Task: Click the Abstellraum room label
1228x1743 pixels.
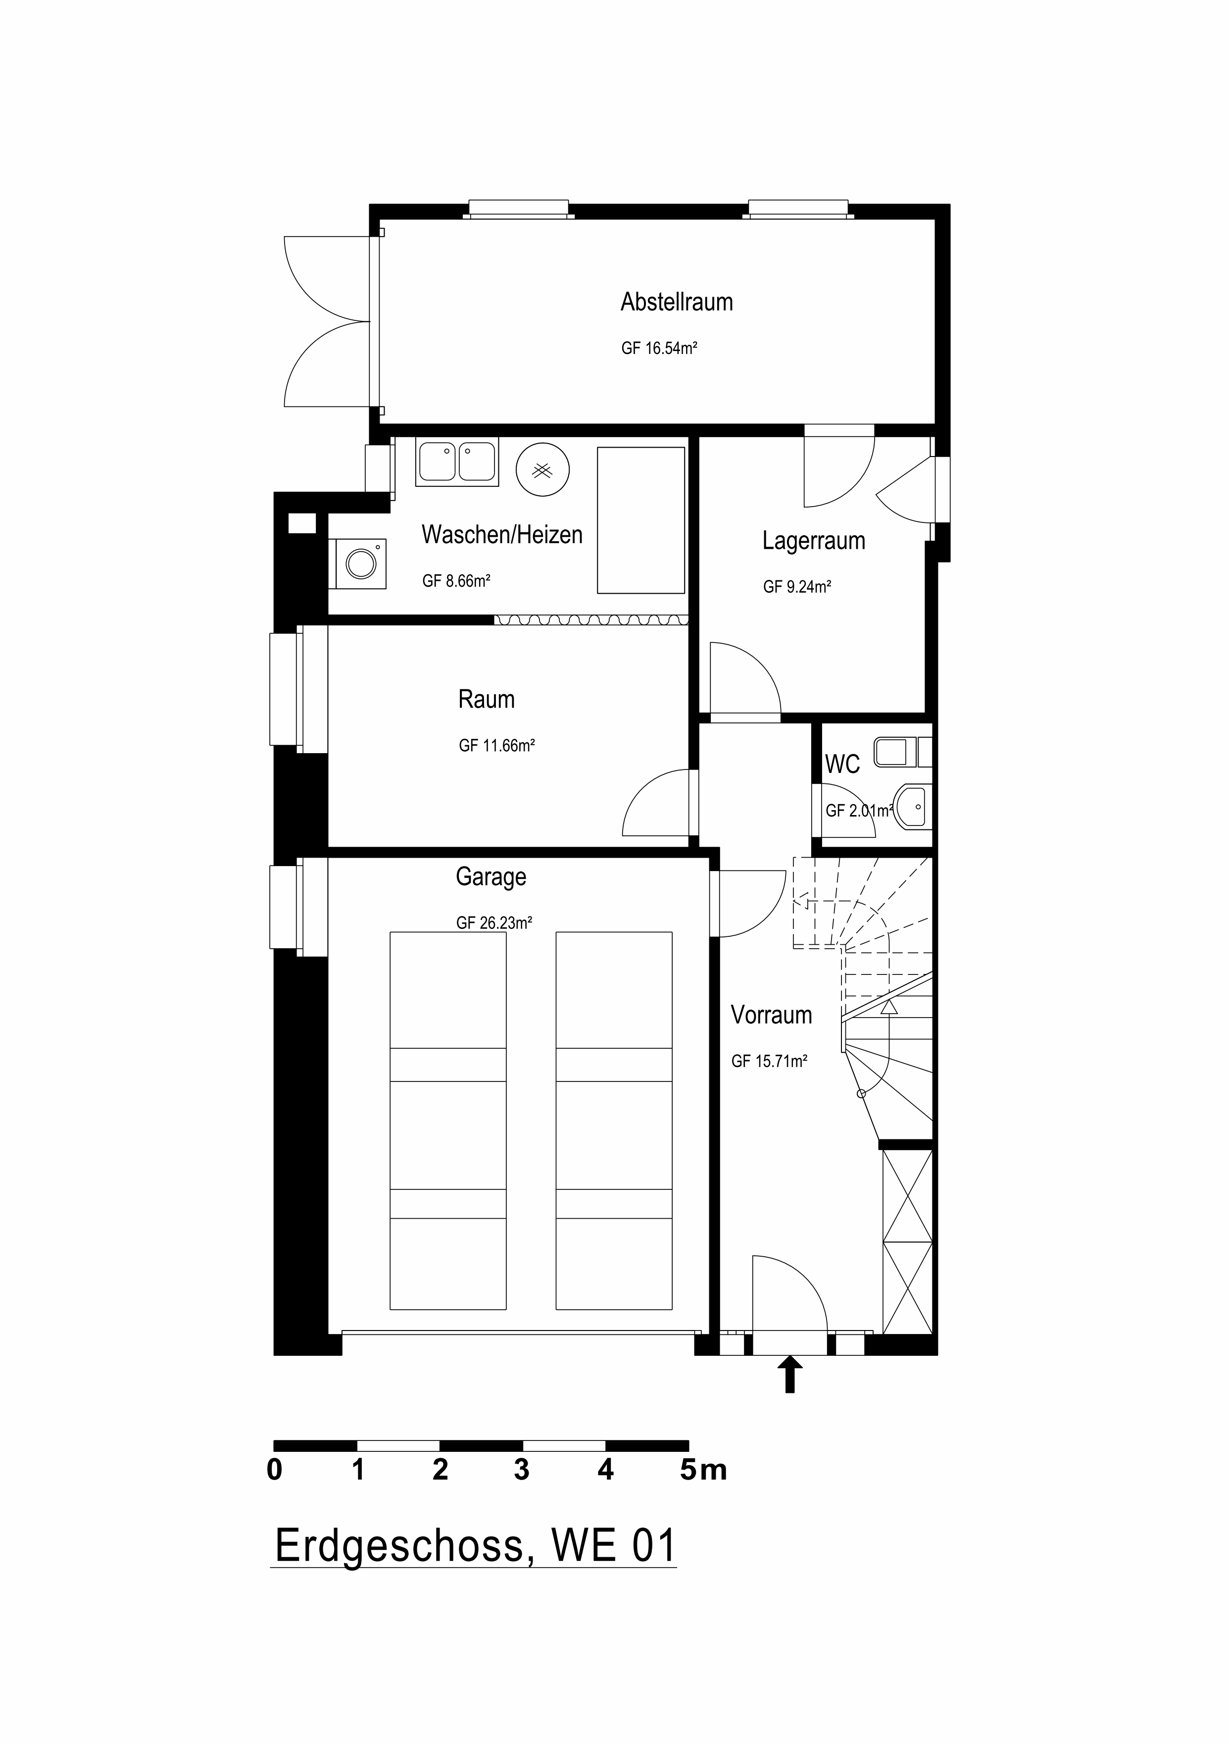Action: [676, 302]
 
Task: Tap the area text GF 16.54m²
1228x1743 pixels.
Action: [659, 349]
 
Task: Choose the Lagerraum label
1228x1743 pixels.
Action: [814, 541]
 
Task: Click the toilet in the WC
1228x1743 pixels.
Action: [899, 752]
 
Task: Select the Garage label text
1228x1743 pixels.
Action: [491, 877]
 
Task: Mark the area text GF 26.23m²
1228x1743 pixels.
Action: [493, 923]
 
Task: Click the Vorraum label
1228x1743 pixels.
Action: [771, 1015]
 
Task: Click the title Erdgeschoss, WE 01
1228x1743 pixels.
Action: [474, 1545]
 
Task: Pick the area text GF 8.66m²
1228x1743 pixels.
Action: [455, 581]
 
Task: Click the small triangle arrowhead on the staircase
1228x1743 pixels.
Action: [889, 1007]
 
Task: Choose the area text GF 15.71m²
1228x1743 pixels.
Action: [769, 1061]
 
